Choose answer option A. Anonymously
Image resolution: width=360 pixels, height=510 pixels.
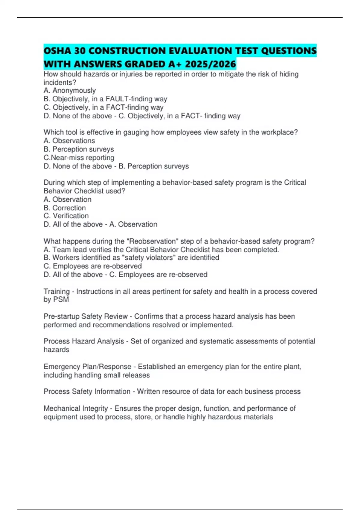70,90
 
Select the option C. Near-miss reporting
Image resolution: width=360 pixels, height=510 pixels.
79,157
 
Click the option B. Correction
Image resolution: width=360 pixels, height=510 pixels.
65,208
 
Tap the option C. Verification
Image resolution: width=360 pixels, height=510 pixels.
66,216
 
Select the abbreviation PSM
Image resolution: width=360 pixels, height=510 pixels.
61,299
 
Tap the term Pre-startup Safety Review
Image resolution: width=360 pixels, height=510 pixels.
86,316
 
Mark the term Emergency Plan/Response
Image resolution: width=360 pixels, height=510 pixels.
87,367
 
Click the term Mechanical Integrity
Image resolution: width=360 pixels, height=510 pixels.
76,408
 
